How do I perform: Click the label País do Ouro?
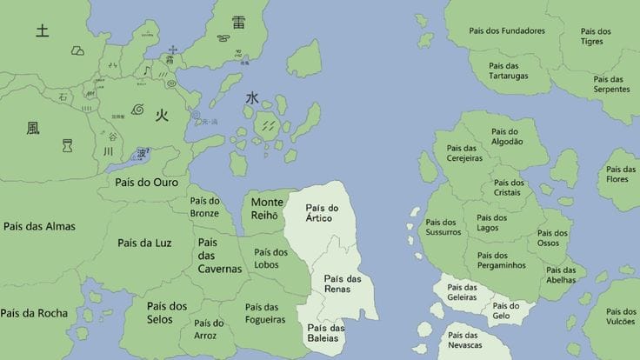[x=146, y=183]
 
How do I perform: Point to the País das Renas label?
[x=343, y=283]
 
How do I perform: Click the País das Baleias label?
[x=325, y=333]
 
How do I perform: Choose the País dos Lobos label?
[x=270, y=258]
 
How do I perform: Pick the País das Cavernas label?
[x=218, y=256]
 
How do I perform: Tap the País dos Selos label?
[x=166, y=312]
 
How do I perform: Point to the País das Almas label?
[x=39, y=227]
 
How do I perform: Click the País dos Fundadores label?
[x=507, y=31]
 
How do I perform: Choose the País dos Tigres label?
[x=596, y=37]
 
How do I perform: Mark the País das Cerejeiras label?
[x=458, y=153]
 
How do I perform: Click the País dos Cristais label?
[x=509, y=189]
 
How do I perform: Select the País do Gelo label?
[x=506, y=311]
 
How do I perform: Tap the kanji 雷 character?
[x=238, y=23]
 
